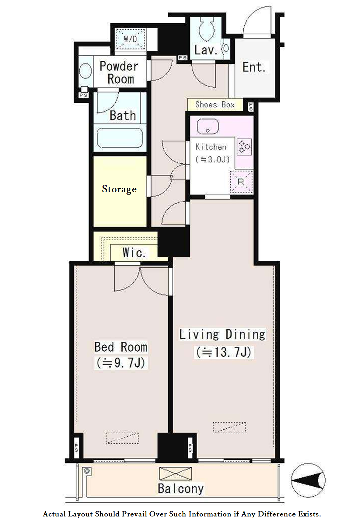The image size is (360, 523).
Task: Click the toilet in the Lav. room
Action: tap(206, 29)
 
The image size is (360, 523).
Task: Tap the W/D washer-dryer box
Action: tap(130, 39)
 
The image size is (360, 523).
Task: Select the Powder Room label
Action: tap(119, 72)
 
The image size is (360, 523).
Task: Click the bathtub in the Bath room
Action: tap(120, 138)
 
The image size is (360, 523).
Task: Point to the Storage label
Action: tap(119, 189)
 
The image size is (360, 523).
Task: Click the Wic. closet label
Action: tap(134, 252)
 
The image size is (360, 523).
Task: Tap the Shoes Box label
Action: tap(215, 105)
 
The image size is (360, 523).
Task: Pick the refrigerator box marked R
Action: tap(241, 182)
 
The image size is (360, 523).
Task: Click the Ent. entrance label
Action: tap(254, 67)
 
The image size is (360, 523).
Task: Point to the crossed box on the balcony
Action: tap(175, 474)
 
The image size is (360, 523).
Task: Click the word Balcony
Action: tap(180, 489)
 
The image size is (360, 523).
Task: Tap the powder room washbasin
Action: tap(85, 71)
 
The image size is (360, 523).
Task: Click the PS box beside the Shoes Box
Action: tap(250, 107)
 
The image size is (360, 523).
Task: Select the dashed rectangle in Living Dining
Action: tap(229, 427)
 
